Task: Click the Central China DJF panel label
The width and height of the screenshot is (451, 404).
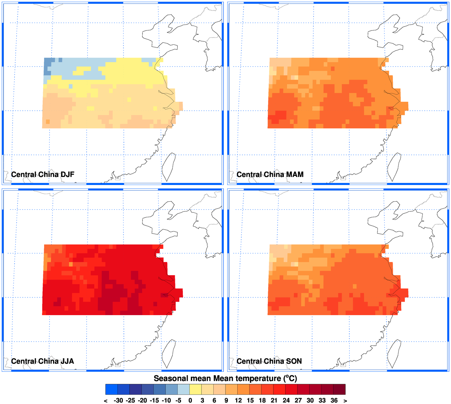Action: point(43,174)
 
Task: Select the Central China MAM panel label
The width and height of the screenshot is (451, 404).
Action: point(270,174)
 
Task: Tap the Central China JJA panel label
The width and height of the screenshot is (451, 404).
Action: point(42,361)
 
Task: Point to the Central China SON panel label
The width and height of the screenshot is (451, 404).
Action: point(269,361)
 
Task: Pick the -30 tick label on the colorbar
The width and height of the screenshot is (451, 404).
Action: point(118,400)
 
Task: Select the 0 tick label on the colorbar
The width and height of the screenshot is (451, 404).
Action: point(190,400)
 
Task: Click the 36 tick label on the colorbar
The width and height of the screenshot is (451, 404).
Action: point(334,400)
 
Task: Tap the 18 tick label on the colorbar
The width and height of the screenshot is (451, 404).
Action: point(262,400)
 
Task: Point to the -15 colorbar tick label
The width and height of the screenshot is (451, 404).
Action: point(154,400)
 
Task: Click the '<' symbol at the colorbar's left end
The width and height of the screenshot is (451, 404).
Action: point(106,401)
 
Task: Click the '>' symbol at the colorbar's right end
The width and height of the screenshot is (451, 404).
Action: point(345,401)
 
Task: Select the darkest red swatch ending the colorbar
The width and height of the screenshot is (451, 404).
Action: point(339,389)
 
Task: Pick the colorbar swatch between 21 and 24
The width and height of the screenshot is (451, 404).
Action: point(280,389)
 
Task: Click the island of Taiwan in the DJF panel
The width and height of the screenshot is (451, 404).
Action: point(169,167)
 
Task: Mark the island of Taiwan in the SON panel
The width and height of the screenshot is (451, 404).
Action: point(394,354)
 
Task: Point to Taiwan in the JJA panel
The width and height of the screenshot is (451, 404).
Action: point(169,354)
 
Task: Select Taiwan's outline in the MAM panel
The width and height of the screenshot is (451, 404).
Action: point(394,167)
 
